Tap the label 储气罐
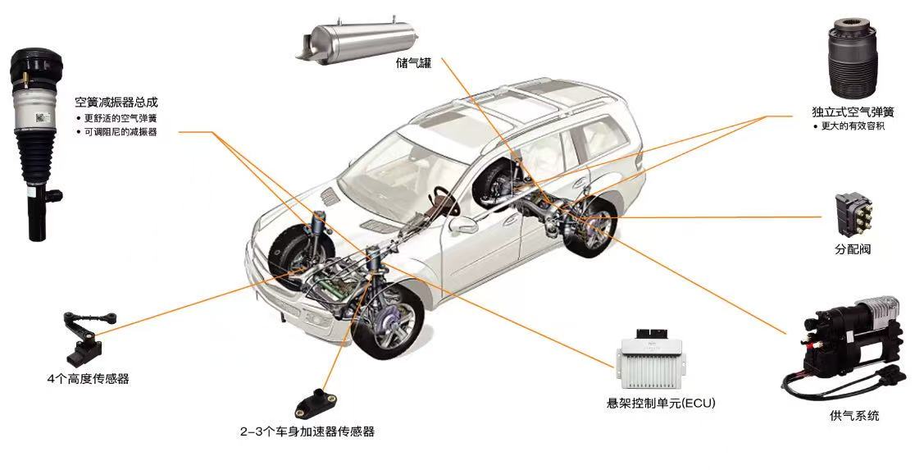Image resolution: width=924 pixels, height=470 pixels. click(412, 62)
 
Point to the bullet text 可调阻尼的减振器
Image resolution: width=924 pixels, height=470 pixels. click(120, 131)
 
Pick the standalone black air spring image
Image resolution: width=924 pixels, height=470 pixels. click(856, 62)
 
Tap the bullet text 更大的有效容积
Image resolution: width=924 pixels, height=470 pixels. click(853, 126)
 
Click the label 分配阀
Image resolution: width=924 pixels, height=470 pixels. click(852, 249)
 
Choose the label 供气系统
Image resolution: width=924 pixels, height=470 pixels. click(853, 416)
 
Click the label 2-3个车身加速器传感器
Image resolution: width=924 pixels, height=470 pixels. click(307, 431)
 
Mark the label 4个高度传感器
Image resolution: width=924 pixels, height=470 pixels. click(88, 379)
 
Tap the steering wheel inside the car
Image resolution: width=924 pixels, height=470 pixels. click(443, 197)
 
